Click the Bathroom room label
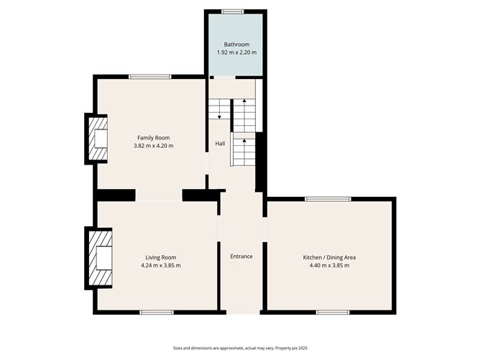[x=236, y=45]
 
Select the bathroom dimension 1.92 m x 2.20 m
[x=236, y=52]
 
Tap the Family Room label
[x=153, y=137]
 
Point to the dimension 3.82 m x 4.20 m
[x=153, y=146]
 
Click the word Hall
[x=220, y=144]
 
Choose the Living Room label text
[x=161, y=257]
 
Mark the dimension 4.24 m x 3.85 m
[x=161, y=265]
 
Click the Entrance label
[x=241, y=257]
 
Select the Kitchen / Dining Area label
[x=329, y=257]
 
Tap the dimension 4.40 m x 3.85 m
[x=329, y=265]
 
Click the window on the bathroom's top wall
[x=233, y=11]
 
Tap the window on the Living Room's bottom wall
[x=157, y=312]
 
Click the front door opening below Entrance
[x=241, y=312]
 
